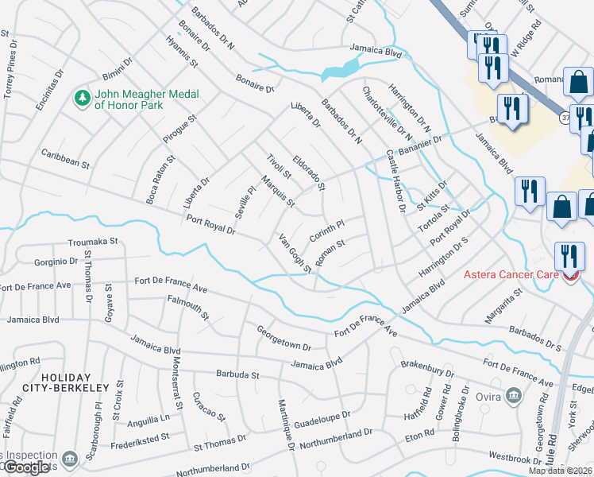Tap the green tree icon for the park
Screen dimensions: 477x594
[81, 98]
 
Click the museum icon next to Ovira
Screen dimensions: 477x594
[514, 395]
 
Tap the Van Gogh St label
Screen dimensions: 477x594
[293, 252]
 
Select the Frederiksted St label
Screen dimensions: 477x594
[141, 437]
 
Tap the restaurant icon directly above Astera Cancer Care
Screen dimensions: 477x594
[569, 255]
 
